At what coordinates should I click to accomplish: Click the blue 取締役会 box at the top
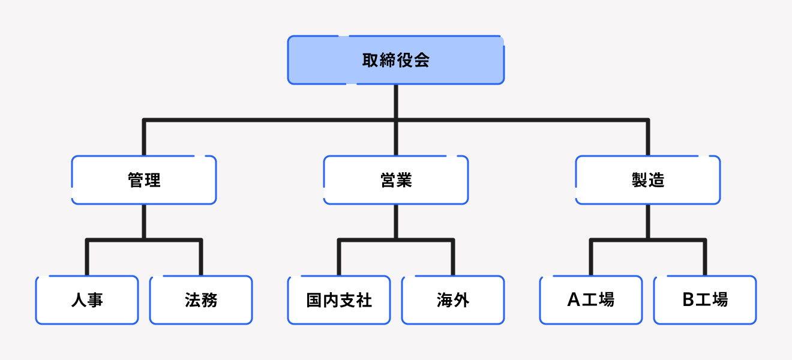point(396,60)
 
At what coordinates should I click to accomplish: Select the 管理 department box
point(144,180)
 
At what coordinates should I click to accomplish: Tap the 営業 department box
point(396,180)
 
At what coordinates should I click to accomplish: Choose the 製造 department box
point(648,180)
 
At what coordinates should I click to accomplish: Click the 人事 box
point(87,300)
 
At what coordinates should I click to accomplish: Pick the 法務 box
point(201,300)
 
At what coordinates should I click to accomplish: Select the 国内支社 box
point(339,300)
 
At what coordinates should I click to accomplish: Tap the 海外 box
point(453,300)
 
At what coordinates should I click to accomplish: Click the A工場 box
point(591,300)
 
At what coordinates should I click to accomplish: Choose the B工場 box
point(705,300)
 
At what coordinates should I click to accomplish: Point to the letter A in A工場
point(574,300)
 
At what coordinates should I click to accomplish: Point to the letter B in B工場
point(688,300)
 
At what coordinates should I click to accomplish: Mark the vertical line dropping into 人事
point(87,258)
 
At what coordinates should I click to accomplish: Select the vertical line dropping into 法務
point(201,258)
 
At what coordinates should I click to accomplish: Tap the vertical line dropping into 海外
point(453,258)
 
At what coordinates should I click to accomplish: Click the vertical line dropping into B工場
point(705,258)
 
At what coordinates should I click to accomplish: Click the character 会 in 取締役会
point(422,60)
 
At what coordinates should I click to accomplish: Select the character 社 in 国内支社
point(364,300)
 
